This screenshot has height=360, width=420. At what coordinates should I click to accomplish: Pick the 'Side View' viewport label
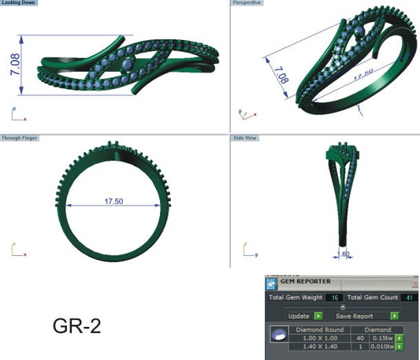(246, 138)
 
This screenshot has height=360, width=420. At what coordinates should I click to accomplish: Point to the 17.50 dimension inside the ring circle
(113, 201)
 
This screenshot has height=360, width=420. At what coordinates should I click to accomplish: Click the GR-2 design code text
(77, 325)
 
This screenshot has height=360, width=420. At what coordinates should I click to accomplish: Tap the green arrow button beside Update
(318, 315)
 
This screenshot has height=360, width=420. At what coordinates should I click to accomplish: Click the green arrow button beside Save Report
(393, 315)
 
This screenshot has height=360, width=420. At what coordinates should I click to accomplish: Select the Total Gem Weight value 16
(334, 299)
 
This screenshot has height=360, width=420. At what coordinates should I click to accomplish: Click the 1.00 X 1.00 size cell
(313, 338)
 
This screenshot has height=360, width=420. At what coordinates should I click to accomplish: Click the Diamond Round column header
(318, 329)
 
